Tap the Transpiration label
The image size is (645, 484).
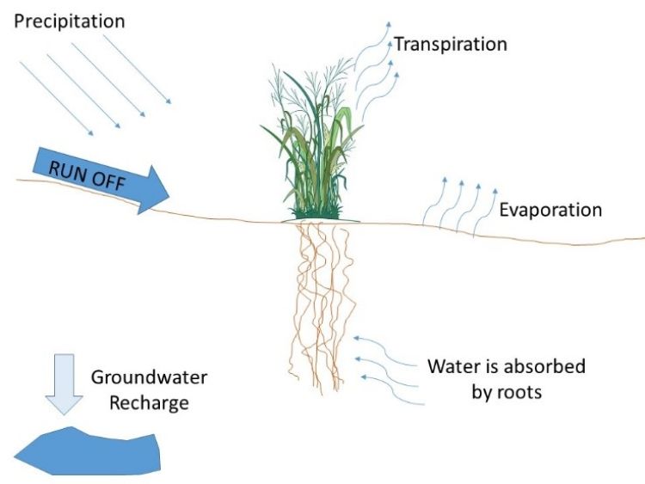450,43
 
